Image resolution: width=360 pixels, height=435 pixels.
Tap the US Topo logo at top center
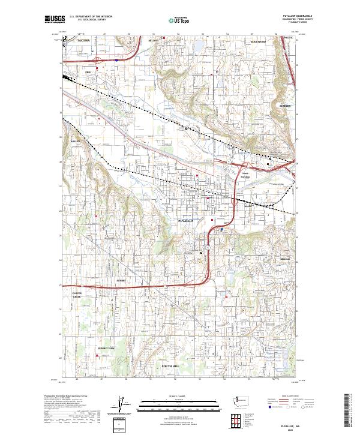[179, 20]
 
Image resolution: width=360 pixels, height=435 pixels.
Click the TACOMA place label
[83, 40]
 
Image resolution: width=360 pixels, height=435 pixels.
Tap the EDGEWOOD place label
[258, 41]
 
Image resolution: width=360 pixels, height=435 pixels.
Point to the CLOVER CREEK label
[77, 295]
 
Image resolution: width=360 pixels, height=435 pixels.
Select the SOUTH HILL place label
[170, 365]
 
